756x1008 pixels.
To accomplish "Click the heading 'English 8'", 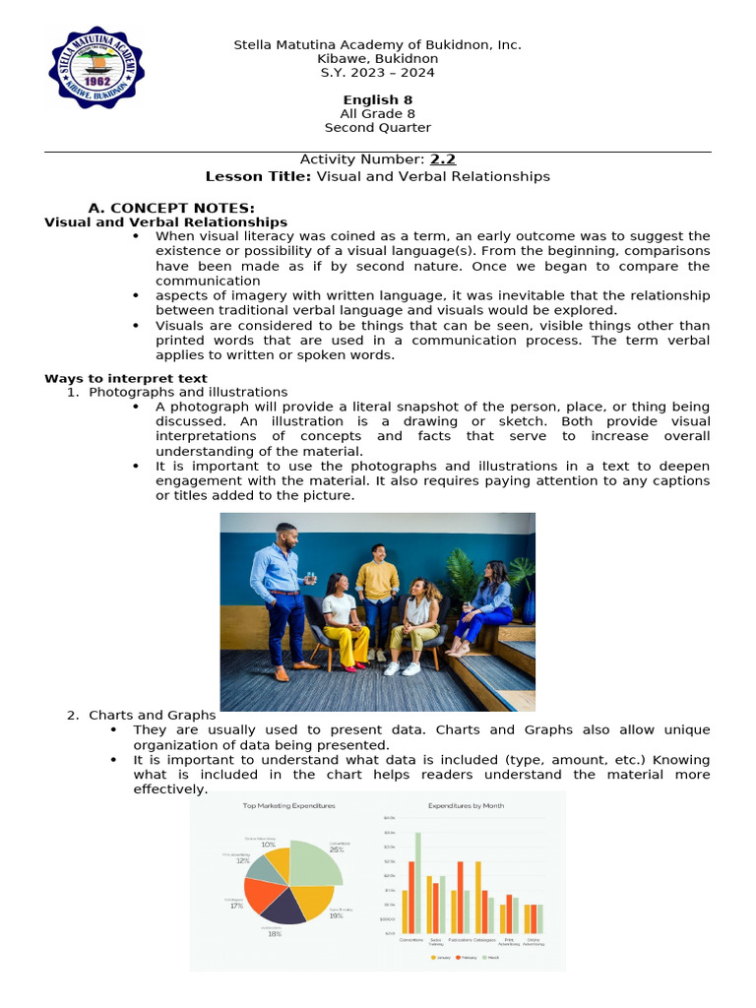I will coord(377,100).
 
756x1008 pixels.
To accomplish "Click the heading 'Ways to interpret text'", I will coord(126,378).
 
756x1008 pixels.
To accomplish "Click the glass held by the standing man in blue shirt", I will coord(311,577).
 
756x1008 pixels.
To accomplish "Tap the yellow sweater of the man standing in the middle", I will coord(378,580).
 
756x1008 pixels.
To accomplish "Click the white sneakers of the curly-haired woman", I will coord(402,667).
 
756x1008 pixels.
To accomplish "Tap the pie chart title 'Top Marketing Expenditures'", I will coord(288,805).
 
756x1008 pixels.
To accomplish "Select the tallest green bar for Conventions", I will coord(417,882).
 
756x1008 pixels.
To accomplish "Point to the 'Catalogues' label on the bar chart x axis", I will coord(485,940).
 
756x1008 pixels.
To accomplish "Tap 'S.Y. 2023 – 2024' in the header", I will coord(377,73).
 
